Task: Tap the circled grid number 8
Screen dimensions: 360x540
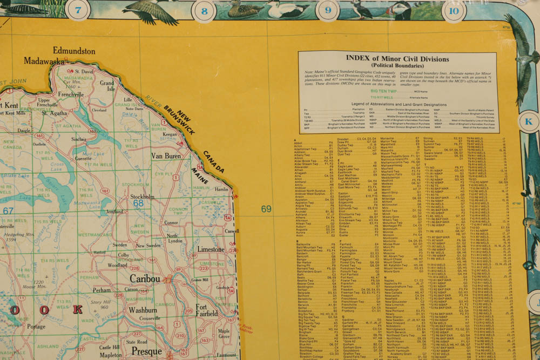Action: (x=204, y=11)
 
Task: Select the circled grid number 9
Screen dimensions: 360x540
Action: (x=328, y=10)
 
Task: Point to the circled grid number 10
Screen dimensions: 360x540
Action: (x=454, y=10)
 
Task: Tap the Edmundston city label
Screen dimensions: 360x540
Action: (x=74, y=51)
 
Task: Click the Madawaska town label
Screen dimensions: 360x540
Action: (x=44, y=62)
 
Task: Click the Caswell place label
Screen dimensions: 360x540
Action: (x=231, y=231)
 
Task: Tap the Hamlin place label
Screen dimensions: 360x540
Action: (x=221, y=190)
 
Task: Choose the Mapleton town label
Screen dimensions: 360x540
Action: (x=111, y=356)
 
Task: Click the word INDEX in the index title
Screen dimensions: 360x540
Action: (x=348, y=59)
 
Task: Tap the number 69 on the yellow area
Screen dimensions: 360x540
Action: (x=266, y=209)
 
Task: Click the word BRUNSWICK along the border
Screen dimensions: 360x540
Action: (x=180, y=119)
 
